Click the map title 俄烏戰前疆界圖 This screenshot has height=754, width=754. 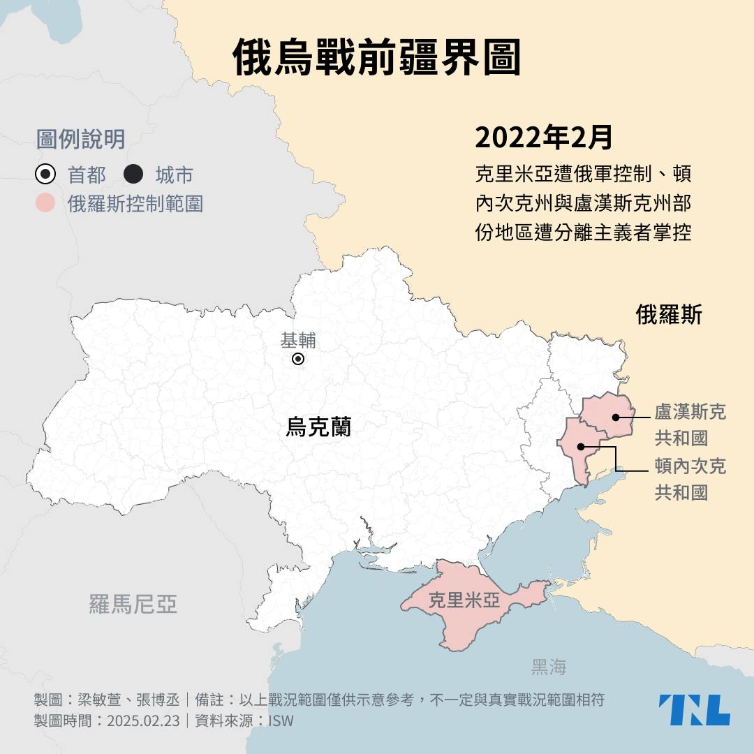tap(377, 57)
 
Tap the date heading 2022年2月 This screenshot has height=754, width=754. tap(544, 138)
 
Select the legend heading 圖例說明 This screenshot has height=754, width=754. tap(80, 139)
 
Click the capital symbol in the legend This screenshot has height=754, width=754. tap(45, 174)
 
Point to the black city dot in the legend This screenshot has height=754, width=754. tap(133, 174)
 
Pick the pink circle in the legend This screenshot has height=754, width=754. tap(45, 203)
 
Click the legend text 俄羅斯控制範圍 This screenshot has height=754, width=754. tap(135, 203)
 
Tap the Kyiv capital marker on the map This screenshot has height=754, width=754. tap(298, 359)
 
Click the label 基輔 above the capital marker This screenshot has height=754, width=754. tap(298, 341)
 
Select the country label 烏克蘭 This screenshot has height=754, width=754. tap(318, 427)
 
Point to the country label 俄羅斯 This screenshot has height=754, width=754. tap(669, 315)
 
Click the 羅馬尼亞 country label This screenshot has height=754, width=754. tap(133, 604)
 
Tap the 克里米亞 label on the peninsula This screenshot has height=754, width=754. tap(464, 600)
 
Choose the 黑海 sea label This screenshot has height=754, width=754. tap(549, 667)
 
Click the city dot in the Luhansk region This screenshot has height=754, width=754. tap(616, 417)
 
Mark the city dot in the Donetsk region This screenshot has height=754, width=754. tap(580, 446)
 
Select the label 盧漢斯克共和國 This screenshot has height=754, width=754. tap(690, 424)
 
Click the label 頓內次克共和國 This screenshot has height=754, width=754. tap(690, 479)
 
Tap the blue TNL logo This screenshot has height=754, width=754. tap(694, 709)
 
